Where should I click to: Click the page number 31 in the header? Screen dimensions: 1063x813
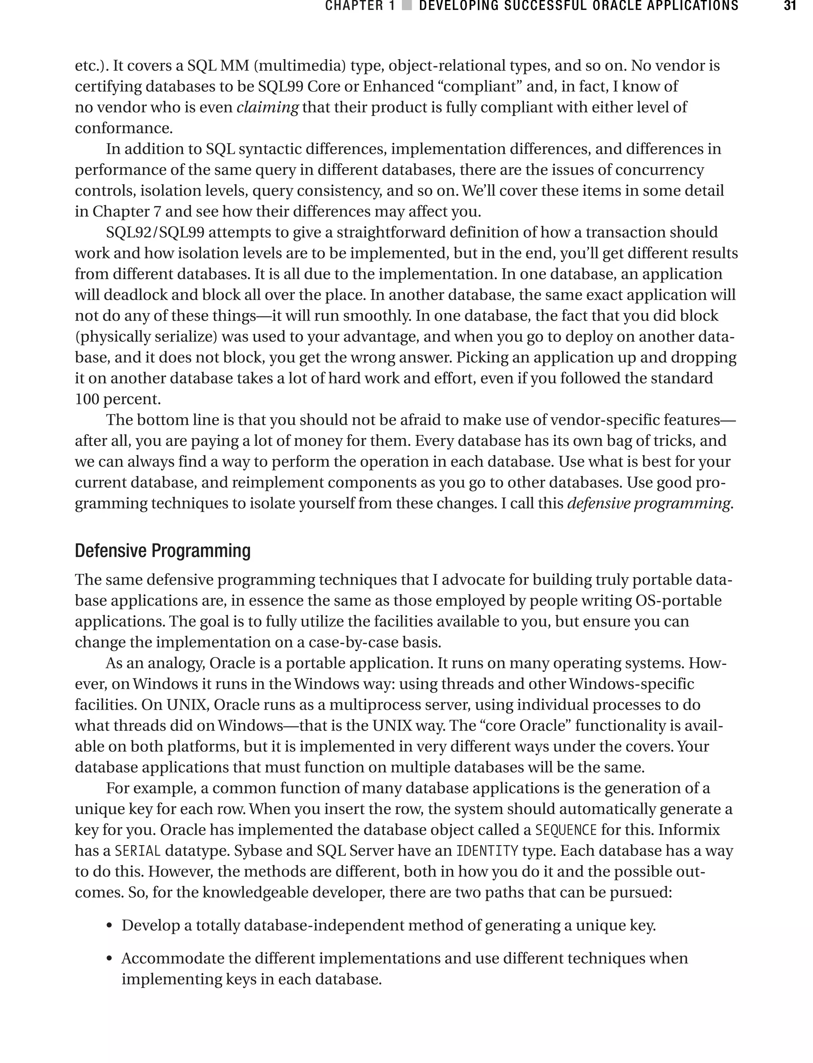click(x=789, y=6)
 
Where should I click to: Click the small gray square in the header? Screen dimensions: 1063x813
click(x=407, y=6)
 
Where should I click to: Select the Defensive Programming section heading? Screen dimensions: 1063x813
click(x=163, y=551)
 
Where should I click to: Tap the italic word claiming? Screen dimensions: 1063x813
click(x=267, y=108)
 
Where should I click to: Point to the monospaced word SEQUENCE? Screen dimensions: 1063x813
click(x=566, y=830)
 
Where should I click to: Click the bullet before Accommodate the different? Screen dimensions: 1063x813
click(x=110, y=959)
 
